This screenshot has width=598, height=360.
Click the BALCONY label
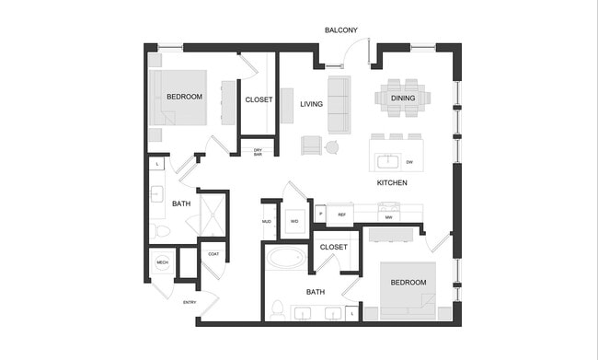point(341,30)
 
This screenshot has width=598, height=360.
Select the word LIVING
point(311,104)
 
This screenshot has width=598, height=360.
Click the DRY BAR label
point(258,153)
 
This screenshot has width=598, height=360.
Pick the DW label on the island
point(409,162)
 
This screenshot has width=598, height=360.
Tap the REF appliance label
point(341,215)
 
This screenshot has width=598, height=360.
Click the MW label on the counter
point(389,217)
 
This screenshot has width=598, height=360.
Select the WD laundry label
point(294,222)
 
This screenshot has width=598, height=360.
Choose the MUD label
point(267,222)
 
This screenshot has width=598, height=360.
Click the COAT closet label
point(213,254)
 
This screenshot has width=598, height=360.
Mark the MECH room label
point(162,263)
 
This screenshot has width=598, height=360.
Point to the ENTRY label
point(190,302)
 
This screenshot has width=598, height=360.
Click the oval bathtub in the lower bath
point(287,257)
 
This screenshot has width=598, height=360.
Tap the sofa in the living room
point(339,104)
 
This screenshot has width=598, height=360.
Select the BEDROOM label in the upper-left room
point(184,97)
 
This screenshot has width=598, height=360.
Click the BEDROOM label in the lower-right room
point(408,283)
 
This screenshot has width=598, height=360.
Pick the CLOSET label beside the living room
point(259,99)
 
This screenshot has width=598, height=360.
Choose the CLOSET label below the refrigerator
point(334,247)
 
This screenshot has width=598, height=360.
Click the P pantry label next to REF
point(321,215)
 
